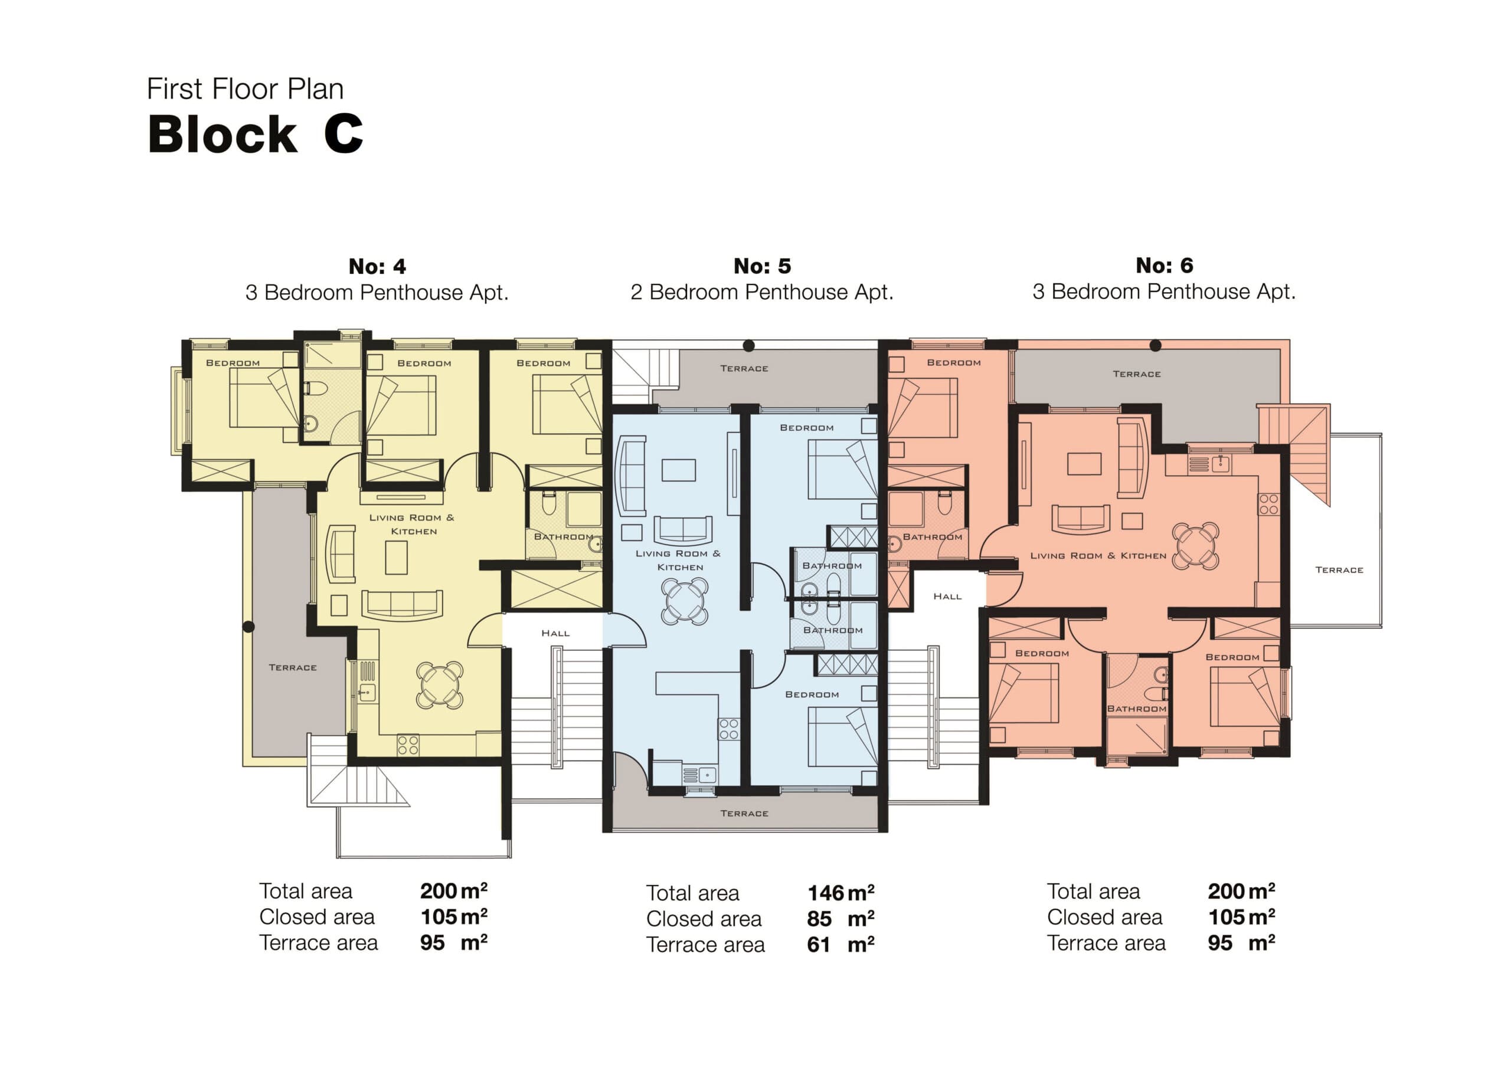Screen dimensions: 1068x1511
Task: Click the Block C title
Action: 256,135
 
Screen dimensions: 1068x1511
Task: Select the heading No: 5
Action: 762,266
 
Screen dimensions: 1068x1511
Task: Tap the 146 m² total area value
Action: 840,893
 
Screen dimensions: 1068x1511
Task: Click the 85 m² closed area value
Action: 840,919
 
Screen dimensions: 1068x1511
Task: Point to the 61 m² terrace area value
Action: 840,945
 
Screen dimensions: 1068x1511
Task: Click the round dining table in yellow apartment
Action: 440,685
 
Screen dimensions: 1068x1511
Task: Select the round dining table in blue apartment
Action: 685,601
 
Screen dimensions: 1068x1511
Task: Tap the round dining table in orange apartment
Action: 1196,545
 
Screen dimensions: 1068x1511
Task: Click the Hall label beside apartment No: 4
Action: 555,633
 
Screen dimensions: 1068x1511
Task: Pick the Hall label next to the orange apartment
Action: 947,596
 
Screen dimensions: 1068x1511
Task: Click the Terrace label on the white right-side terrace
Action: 1339,570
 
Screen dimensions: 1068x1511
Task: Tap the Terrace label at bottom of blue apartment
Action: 744,813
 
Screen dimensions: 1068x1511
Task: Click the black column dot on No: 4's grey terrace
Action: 248,627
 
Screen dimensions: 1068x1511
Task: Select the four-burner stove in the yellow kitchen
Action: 408,745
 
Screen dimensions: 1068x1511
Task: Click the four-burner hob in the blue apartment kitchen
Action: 728,729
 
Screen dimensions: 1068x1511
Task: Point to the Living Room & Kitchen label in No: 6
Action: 1098,556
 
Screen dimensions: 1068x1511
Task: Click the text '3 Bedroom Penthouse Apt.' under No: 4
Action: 377,292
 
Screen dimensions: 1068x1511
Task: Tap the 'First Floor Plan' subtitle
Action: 245,89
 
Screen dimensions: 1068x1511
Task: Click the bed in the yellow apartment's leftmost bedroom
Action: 264,397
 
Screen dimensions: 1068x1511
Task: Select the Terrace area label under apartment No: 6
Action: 1106,943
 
